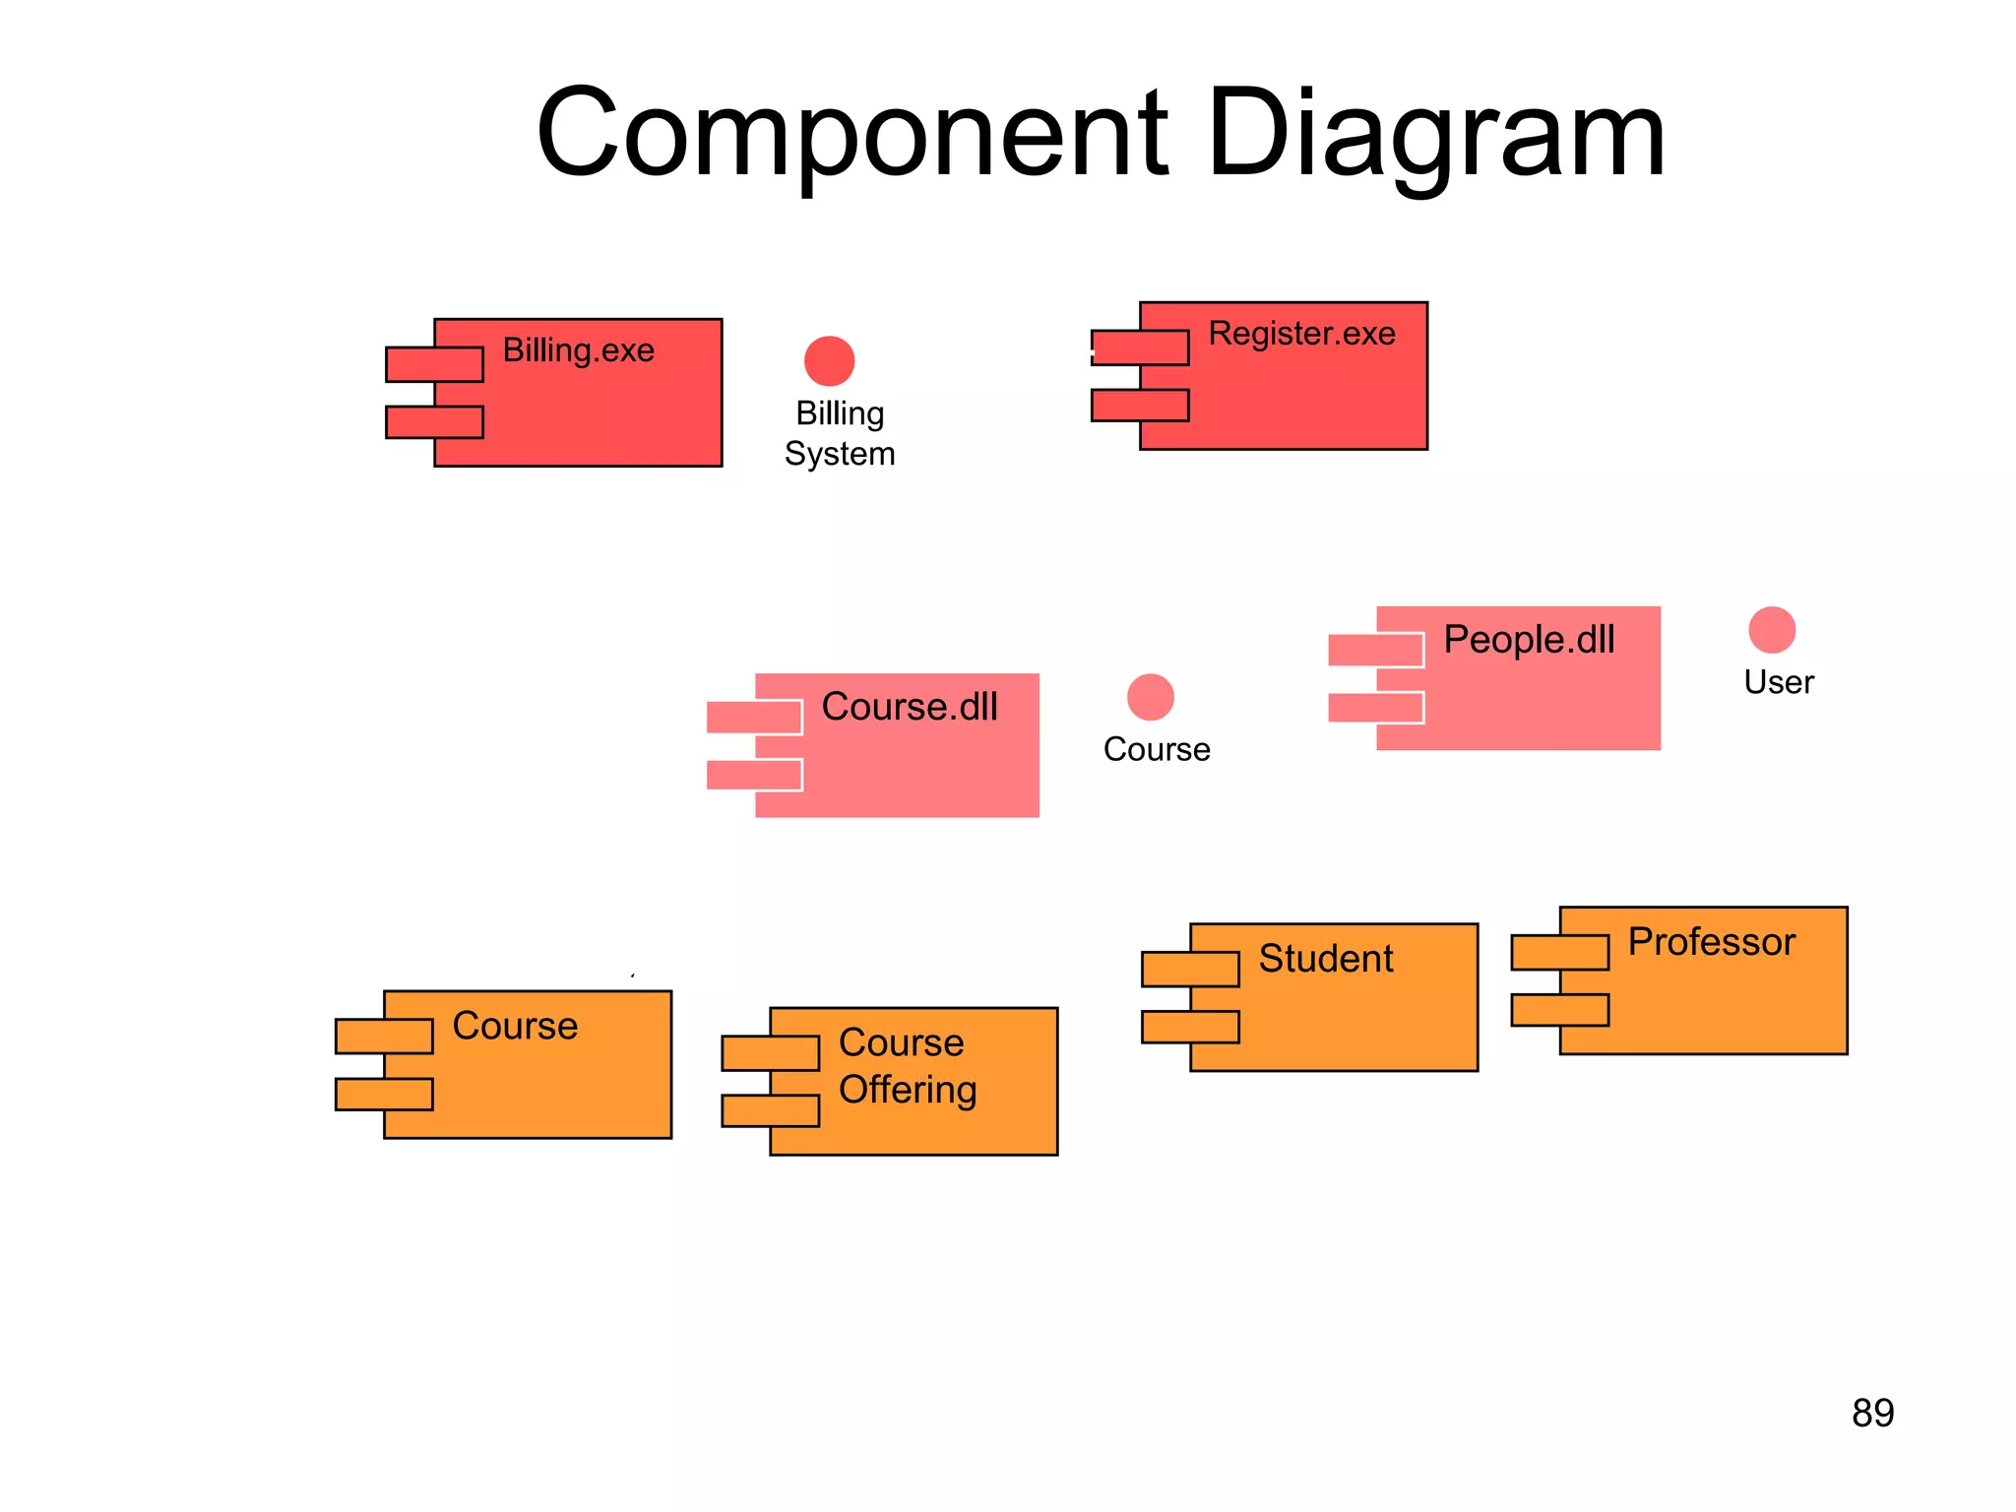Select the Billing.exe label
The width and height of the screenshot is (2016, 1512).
[x=579, y=350]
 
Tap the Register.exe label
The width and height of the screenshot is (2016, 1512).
[x=1301, y=334]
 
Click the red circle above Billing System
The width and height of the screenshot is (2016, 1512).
[x=829, y=361]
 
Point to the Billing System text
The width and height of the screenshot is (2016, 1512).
[x=840, y=433]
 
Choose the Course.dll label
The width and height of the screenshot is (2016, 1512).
[x=910, y=707]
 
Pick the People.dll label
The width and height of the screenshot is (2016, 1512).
[x=1529, y=640]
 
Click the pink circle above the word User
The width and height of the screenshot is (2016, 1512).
[x=1772, y=630]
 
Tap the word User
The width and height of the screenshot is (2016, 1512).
[x=1779, y=682]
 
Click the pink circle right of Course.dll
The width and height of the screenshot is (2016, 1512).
[x=1150, y=697]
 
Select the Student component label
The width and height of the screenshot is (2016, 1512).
[x=1326, y=959]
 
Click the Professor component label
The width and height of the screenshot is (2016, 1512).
[x=1712, y=942]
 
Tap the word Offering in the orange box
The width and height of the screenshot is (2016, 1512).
[x=908, y=1090]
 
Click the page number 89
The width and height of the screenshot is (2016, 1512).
[x=1872, y=1414]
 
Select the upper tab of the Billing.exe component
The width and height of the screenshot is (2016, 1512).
[x=434, y=364]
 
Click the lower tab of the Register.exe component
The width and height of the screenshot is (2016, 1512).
[x=1140, y=406]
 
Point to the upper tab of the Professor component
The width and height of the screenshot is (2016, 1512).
[x=1560, y=953]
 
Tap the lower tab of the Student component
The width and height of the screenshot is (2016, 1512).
[x=1190, y=1028]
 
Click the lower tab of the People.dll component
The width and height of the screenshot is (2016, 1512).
[x=1375, y=708]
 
